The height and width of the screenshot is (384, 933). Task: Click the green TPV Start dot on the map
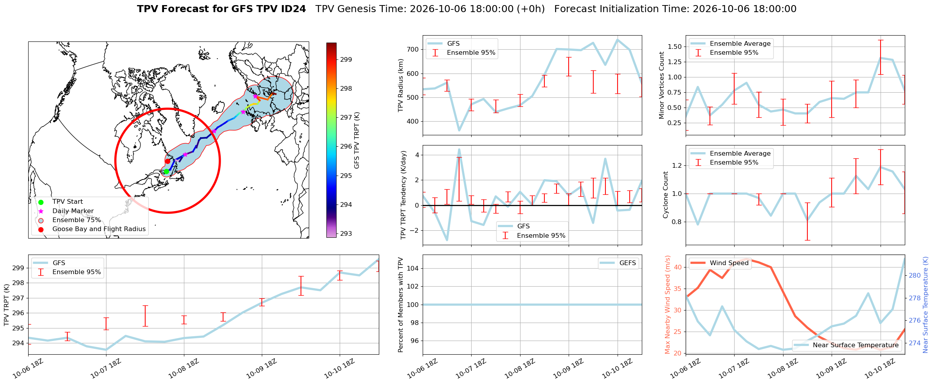tap(166, 171)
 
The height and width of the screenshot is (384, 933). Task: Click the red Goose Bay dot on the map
tap(168, 161)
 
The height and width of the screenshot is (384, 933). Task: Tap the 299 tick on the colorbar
tap(346, 59)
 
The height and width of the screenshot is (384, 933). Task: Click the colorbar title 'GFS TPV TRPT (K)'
tap(357, 140)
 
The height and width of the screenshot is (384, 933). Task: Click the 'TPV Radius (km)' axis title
tap(401, 85)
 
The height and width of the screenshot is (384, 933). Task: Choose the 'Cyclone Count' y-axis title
tap(666, 195)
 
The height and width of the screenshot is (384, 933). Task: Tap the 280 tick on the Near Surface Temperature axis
tap(915, 275)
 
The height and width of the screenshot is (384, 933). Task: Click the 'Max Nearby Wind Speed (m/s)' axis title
tap(668, 305)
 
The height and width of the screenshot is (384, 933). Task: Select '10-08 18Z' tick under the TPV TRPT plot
tap(184, 369)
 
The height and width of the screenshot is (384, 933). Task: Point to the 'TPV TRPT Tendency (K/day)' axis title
tap(403, 195)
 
